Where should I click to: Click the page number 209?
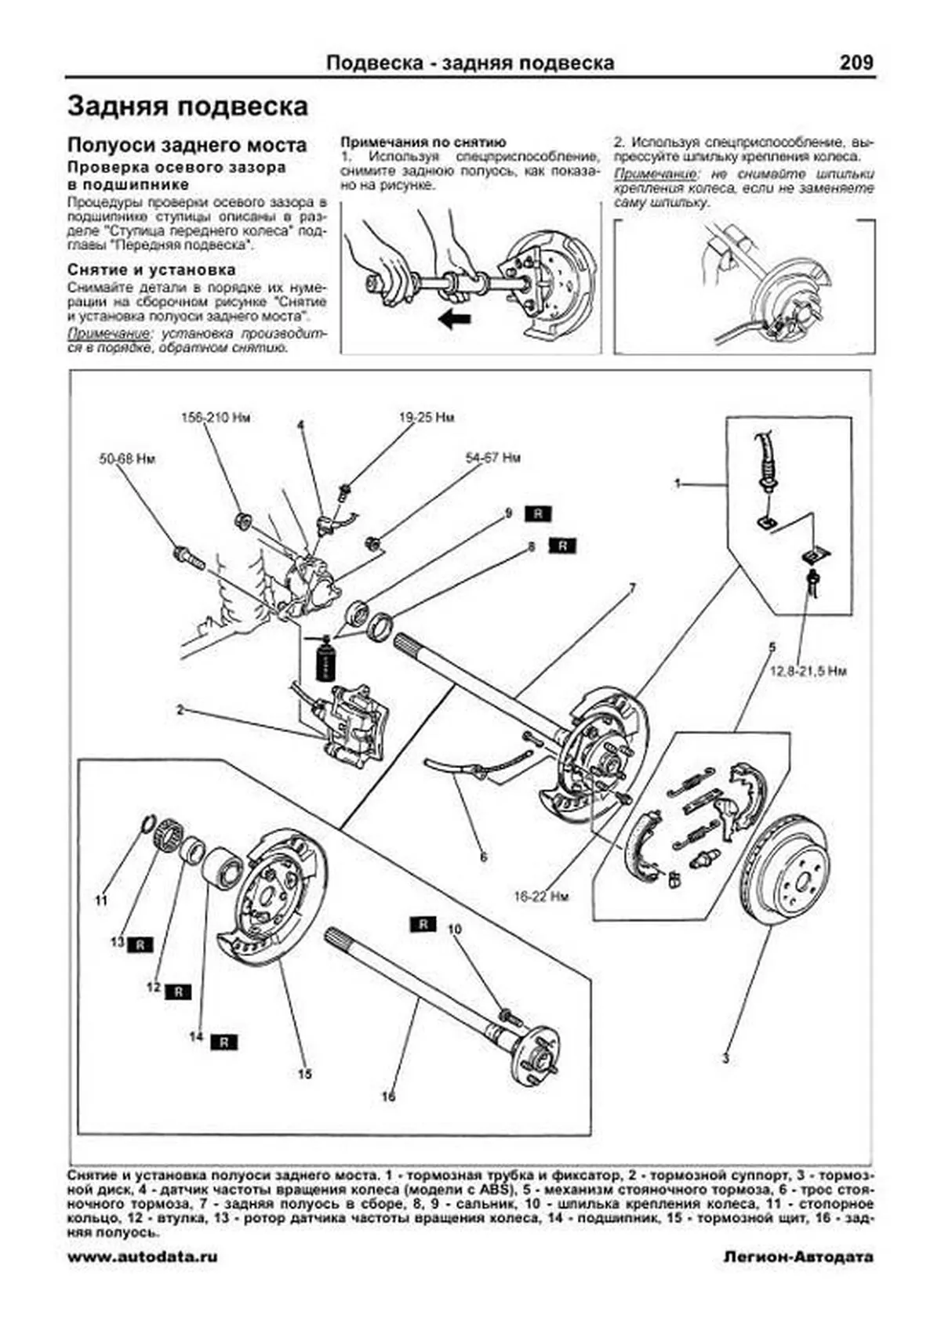(x=856, y=63)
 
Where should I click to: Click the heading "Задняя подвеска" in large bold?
(x=187, y=107)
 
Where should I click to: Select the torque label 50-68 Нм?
(x=127, y=458)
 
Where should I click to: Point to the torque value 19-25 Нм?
(x=426, y=419)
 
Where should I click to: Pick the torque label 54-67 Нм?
(x=492, y=458)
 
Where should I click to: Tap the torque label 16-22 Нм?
(x=541, y=896)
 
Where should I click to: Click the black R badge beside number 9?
(x=539, y=514)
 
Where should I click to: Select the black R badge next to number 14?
(x=224, y=1042)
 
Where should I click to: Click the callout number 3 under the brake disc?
(x=725, y=1059)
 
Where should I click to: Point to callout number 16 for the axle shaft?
(x=389, y=1096)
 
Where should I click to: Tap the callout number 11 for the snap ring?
(x=100, y=901)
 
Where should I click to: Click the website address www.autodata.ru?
(x=143, y=1256)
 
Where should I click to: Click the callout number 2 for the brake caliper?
(x=180, y=711)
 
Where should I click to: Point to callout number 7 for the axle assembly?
(x=632, y=588)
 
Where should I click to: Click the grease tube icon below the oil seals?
(x=323, y=659)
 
